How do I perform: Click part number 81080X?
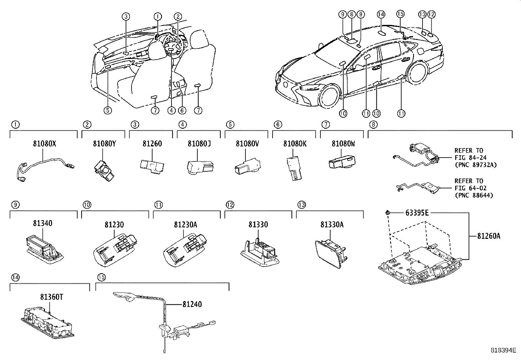pos(44,143)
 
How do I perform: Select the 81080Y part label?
pos(103,143)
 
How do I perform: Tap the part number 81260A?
pos(488,236)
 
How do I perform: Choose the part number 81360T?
pos(51,297)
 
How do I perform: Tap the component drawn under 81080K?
pos(295,167)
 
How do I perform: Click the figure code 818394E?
pos(503,350)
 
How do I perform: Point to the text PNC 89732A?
pos(475,165)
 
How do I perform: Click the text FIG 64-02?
pos(470,188)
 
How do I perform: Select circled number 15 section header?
pos(101,277)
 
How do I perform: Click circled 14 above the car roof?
pos(381,14)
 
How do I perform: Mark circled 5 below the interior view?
pos(108,110)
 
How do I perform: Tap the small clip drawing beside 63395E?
pos(388,213)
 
